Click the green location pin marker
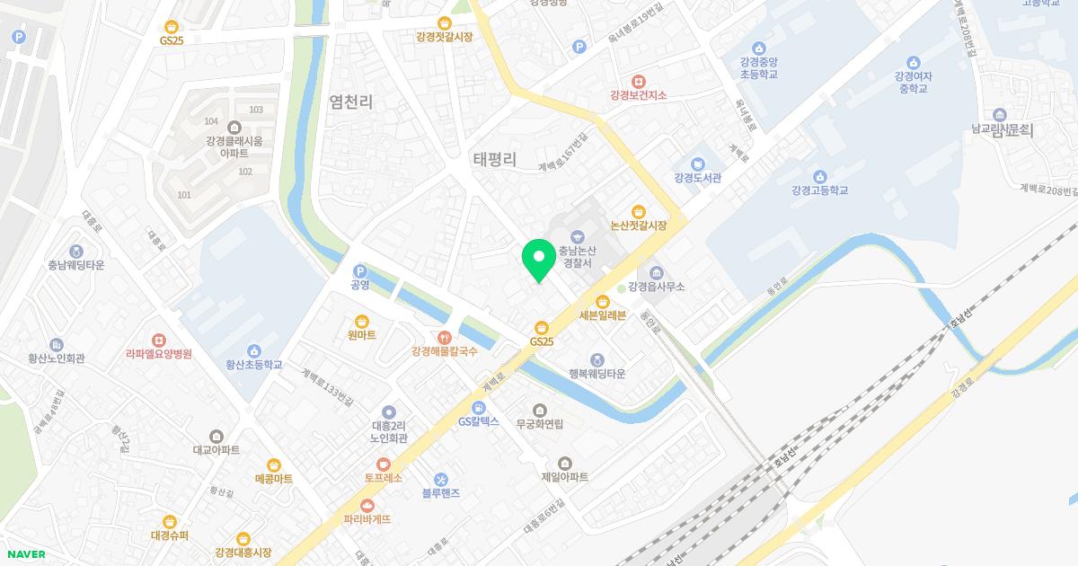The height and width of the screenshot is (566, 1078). click(537, 260)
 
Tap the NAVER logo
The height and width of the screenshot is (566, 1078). click(25, 554)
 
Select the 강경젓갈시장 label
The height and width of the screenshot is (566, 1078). click(444, 37)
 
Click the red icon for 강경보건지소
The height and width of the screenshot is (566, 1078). click(638, 81)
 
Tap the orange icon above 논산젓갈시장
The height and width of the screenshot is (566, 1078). click(638, 211)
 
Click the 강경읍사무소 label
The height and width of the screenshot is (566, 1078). click(657, 287)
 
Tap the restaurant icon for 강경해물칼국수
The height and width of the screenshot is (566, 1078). click(444, 337)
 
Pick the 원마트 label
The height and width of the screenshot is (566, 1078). click(361, 335)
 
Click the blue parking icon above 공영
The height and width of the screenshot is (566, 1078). click(360, 270)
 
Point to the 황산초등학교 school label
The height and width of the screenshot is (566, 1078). click(254, 365)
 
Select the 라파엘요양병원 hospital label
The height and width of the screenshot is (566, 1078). click(159, 354)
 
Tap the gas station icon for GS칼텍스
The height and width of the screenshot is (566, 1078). click(478, 408)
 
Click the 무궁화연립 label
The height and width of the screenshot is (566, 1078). click(539, 423)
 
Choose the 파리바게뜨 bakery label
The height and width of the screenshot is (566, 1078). click(367, 519)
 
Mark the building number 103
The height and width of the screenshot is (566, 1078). click(256, 110)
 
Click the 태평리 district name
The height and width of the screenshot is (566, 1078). click(495, 159)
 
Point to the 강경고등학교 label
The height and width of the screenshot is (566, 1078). click(820, 190)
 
